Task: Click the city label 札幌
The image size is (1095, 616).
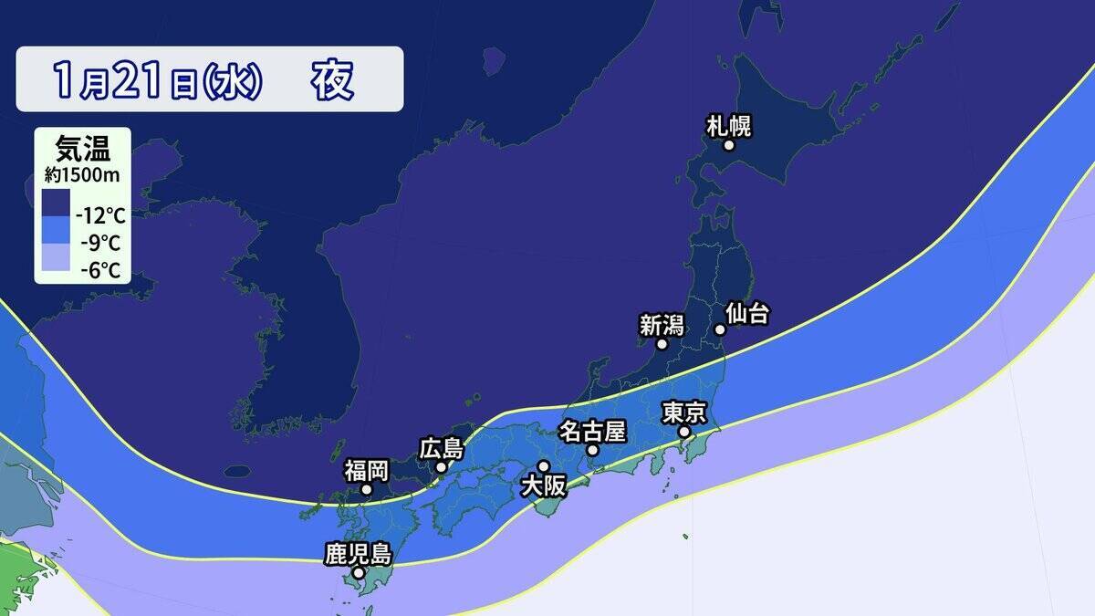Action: tap(729, 126)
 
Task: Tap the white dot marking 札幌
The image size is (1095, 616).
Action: tap(729, 145)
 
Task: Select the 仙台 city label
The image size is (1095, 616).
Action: tap(747, 315)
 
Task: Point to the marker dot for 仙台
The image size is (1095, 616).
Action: tap(719, 329)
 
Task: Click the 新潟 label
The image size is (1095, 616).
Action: tap(661, 325)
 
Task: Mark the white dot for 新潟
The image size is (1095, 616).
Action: tap(662, 344)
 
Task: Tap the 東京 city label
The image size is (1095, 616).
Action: tap(683, 412)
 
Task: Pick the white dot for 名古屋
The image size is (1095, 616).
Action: tap(592, 450)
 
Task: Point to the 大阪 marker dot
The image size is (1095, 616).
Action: tap(543, 467)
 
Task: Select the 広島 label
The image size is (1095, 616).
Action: tap(442, 449)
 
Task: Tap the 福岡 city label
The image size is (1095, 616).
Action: tap(366, 471)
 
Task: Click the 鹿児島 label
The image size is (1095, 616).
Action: tap(358, 554)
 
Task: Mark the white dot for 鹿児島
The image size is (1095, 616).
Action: tap(359, 573)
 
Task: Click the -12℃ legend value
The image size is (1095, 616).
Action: tap(101, 217)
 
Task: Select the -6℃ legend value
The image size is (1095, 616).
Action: tap(101, 269)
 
